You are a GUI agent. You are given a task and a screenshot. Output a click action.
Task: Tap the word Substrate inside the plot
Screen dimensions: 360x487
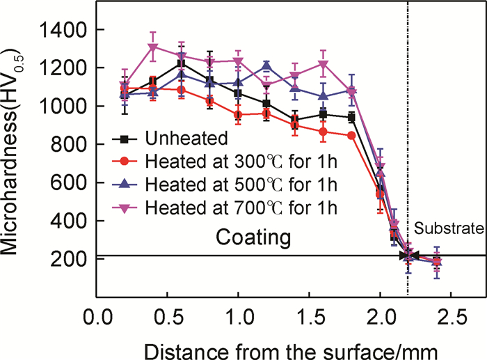(449, 228)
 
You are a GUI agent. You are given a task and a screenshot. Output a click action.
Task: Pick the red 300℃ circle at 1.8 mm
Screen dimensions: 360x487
(352, 135)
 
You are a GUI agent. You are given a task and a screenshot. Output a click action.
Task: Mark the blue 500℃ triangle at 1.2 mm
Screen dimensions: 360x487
(267, 65)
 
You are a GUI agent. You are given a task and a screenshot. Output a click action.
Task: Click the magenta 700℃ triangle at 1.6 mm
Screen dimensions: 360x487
(324, 65)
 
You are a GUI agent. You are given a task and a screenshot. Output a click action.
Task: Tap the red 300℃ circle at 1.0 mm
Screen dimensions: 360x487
(239, 115)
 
